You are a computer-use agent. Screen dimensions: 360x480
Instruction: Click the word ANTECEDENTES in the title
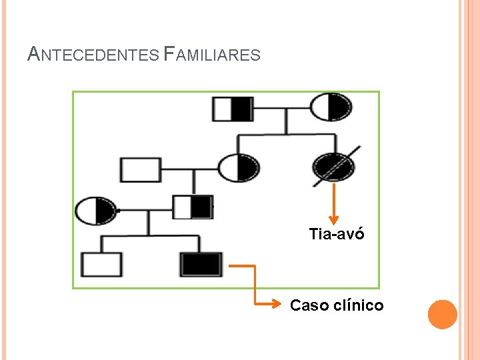click(93, 54)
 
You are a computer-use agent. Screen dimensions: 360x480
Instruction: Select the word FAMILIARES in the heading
click(211, 54)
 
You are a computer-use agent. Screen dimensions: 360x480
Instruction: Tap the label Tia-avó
click(337, 234)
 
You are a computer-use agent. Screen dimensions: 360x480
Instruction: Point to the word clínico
click(358, 305)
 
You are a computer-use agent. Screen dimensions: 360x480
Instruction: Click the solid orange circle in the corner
click(442, 315)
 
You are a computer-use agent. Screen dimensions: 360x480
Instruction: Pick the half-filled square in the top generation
click(233, 109)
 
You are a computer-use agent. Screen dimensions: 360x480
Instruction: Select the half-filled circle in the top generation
click(331, 107)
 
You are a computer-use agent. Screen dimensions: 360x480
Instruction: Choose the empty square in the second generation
click(140, 169)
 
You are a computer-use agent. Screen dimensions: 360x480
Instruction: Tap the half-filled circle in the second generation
click(239, 168)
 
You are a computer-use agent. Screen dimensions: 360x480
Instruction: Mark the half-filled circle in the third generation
click(95, 211)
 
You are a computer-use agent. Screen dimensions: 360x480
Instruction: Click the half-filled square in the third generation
click(192, 207)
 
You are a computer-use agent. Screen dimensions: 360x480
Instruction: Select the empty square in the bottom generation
click(101, 265)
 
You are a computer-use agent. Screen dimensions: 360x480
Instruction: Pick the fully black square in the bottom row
click(201, 265)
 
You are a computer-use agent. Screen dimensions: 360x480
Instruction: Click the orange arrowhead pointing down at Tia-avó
click(335, 219)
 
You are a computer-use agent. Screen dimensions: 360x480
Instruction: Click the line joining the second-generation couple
click(189, 169)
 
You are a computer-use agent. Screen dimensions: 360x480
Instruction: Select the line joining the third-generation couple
click(144, 211)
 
